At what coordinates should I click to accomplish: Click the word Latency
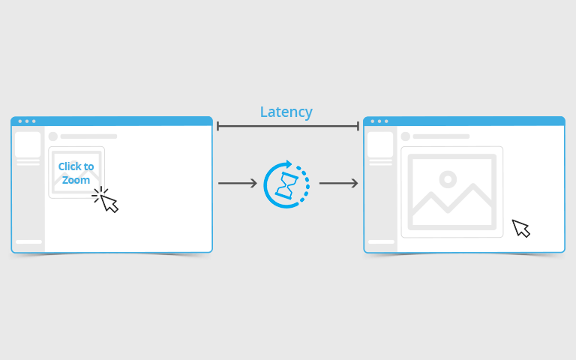click(286, 112)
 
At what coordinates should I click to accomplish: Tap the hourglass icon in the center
click(287, 185)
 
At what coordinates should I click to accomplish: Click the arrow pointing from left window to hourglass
click(238, 183)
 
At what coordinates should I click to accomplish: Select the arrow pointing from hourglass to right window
click(338, 183)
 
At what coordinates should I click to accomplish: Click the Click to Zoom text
click(76, 173)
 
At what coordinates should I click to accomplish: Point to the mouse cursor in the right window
click(520, 228)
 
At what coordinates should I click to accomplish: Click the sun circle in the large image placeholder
click(448, 179)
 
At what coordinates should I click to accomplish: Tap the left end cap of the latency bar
click(217, 126)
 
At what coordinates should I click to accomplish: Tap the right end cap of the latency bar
click(358, 126)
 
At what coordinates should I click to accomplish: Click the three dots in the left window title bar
click(27, 121)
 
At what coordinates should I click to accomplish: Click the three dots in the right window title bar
click(379, 121)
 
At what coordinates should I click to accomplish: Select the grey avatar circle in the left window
click(53, 136)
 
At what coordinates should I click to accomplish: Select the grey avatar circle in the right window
click(406, 136)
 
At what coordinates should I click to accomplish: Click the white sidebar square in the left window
click(28, 144)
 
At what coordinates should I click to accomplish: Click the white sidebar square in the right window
click(380, 144)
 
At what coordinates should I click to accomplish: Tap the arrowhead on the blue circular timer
click(289, 163)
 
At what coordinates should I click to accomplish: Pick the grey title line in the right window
click(441, 136)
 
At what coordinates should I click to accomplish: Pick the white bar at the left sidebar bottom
click(28, 241)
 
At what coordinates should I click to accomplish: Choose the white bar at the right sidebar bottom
click(381, 241)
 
